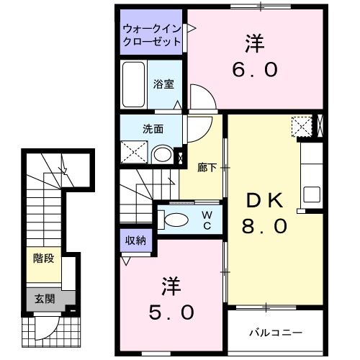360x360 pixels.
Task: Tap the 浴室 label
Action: pos(163,84)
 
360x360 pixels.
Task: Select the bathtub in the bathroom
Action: pos(133,84)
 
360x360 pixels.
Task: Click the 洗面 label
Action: pos(152,130)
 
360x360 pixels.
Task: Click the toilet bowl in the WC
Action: pos(176,220)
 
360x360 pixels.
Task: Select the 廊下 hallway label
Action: pos(207,167)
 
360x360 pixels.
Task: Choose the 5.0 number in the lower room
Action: pos(171,312)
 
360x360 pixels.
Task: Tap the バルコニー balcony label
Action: pos(276,333)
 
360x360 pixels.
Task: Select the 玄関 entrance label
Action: pos(44,298)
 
